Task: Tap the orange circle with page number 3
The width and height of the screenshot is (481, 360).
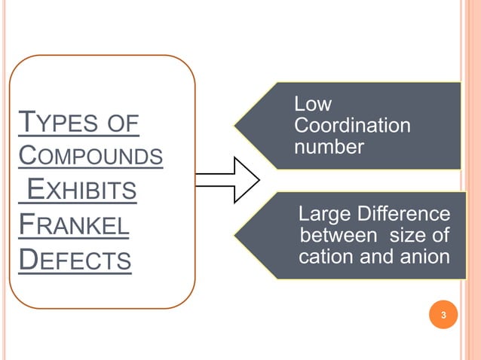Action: pos(444,315)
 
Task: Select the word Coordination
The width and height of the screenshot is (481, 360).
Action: pos(352,125)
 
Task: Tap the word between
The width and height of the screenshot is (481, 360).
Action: pos(332,236)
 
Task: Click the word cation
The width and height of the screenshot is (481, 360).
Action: pos(324,257)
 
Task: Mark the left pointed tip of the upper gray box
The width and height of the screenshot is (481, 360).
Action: pos(234,125)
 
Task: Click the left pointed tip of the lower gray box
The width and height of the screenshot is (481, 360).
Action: pos(234,235)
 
